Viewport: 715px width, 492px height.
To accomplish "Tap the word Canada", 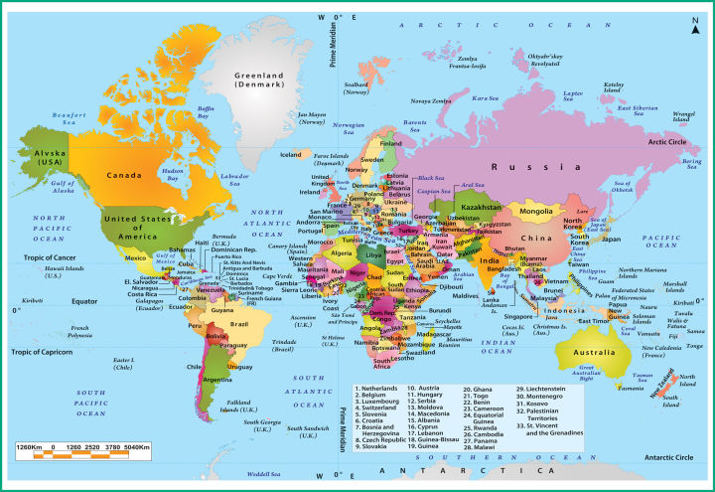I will [126, 176].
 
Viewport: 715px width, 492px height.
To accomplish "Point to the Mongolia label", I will [536, 212].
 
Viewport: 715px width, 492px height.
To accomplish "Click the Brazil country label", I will [239, 324].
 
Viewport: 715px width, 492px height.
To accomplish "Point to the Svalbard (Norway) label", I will [357, 90].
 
